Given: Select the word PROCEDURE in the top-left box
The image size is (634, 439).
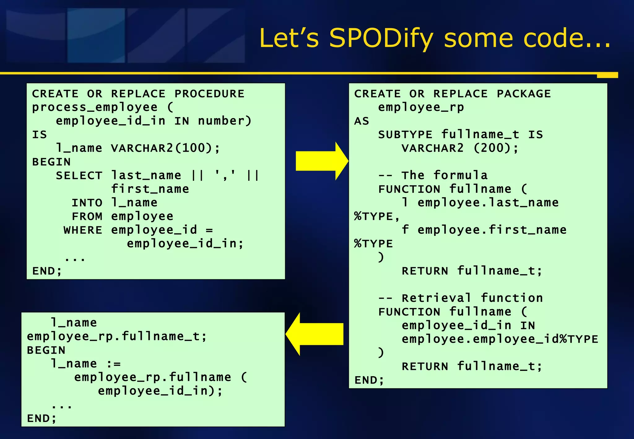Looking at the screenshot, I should pyautogui.click(x=210, y=94).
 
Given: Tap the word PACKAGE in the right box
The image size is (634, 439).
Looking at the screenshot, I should pyautogui.click(x=524, y=94).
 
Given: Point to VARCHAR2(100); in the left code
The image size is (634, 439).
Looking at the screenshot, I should pyautogui.click(x=165, y=148).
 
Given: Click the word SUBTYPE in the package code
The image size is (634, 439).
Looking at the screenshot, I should pyautogui.click(x=405, y=135).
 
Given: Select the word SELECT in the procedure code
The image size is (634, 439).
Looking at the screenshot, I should pyautogui.click(x=79, y=176).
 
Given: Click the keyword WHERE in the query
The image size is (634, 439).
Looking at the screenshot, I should pyautogui.click(x=83, y=230).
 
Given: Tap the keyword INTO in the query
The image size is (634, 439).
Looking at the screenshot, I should pyautogui.click(x=87, y=203).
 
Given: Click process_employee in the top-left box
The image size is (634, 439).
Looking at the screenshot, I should pyautogui.click(x=95, y=107).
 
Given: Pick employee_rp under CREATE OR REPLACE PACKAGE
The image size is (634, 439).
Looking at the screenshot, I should pyautogui.click(x=421, y=107).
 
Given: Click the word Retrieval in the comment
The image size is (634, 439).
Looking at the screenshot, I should pyautogui.click(x=436, y=298).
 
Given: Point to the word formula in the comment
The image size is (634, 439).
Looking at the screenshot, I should pyautogui.click(x=460, y=176).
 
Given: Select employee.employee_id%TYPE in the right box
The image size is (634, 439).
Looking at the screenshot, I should pyautogui.click(x=500, y=339).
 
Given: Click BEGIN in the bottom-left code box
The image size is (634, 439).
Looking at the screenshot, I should pyautogui.click(x=46, y=350).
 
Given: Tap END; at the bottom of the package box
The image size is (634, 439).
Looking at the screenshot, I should pyautogui.click(x=369, y=380).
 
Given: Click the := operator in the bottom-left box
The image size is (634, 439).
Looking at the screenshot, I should pyautogui.click(x=114, y=364).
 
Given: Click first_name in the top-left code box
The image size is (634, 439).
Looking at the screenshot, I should pyautogui.click(x=150, y=189).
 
